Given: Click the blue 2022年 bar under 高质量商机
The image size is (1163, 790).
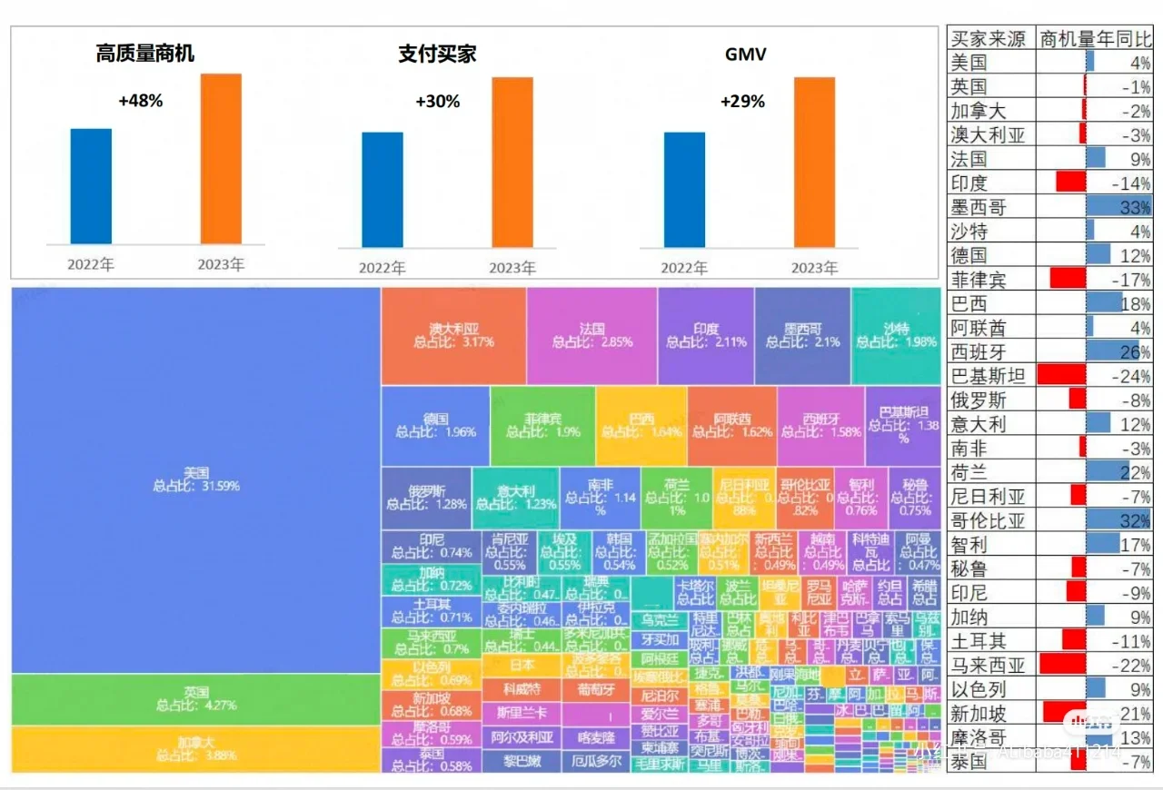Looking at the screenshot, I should (x=91, y=186).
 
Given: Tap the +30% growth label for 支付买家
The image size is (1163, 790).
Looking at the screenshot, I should (x=437, y=102).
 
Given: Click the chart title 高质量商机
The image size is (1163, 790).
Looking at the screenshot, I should (x=145, y=54).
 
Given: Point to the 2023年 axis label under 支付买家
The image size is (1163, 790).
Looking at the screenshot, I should (x=512, y=268).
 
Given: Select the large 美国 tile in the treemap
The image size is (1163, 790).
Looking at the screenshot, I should (x=195, y=479).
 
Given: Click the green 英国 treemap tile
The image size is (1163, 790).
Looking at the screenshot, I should (x=195, y=698).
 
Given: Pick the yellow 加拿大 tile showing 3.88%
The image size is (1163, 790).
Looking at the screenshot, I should (x=195, y=749).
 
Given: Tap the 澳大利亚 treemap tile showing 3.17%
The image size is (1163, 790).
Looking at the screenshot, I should (x=453, y=336).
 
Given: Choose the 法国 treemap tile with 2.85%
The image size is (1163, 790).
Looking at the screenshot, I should (x=591, y=336).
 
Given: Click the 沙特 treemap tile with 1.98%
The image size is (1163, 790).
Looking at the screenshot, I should (x=895, y=336).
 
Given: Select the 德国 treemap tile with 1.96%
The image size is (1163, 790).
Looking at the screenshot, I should (x=435, y=426).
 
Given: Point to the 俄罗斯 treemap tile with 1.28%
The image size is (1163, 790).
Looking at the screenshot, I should (x=425, y=498).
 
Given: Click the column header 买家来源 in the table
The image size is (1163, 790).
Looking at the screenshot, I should (x=989, y=39).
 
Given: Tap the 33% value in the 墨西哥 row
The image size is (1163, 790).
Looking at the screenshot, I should (x=1135, y=207).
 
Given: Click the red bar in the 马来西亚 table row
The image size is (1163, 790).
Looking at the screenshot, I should (x=1062, y=665).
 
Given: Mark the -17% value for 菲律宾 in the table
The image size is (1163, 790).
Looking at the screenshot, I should (x=1131, y=280).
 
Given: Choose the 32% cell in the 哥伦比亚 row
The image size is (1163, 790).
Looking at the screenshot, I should (x=1135, y=520).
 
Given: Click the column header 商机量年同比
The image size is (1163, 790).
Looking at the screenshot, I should (x=1095, y=39).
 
